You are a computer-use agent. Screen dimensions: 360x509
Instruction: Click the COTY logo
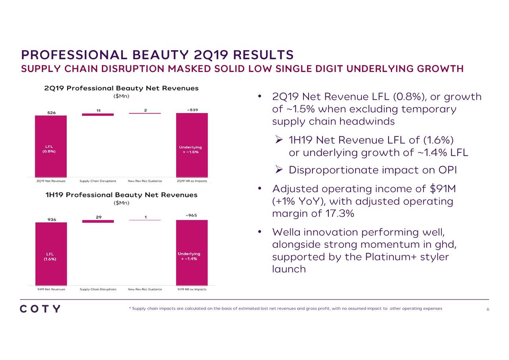pyautogui.click(x=40, y=309)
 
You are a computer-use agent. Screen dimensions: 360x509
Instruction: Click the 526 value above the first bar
pyautogui.click(x=52, y=113)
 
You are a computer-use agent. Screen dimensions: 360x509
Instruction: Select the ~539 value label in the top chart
pyautogui.click(x=192, y=110)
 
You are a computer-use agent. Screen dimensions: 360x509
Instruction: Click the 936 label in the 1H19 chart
pyautogui.click(x=52, y=219)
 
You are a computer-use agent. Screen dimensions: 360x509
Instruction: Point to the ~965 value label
pyautogui.click(x=191, y=216)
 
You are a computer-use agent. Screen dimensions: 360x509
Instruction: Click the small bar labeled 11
pyautogui.click(x=98, y=115)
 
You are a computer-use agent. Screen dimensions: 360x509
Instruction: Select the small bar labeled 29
pyautogui.click(x=98, y=221)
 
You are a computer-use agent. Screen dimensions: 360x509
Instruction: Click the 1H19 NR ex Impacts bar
pyautogui.click(x=192, y=253)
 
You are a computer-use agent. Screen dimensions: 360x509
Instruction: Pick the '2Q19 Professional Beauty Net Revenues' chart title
pyautogui.click(x=121, y=88)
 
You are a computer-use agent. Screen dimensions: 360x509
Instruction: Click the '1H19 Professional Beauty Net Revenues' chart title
pyautogui.click(x=121, y=195)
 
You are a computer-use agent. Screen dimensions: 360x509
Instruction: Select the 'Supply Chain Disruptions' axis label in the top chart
pyautogui.click(x=98, y=181)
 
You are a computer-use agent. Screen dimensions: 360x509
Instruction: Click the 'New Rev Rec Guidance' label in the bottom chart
pyautogui.click(x=145, y=289)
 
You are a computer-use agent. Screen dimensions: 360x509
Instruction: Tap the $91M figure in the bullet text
pyautogui.click(x=443, y=189)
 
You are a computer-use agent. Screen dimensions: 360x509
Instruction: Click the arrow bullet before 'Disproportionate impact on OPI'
pyautogui.click(x=279, y=170)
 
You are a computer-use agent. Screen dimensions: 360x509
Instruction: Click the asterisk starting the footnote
pyautogui.click(x=130, y=309)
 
